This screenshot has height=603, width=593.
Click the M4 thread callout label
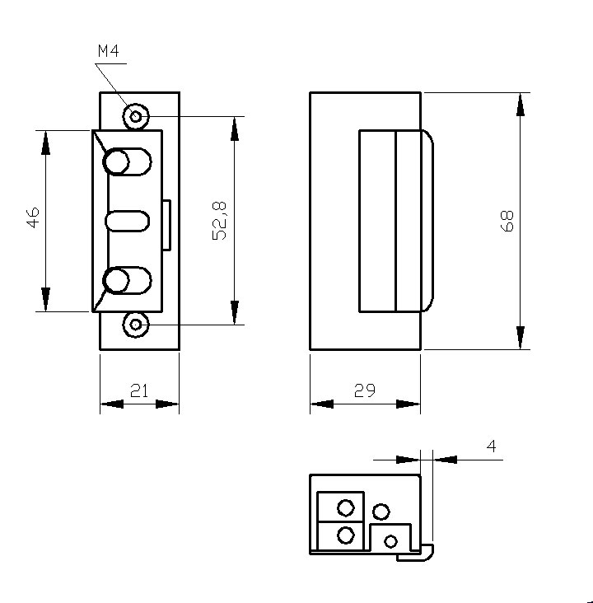tap(108, 51)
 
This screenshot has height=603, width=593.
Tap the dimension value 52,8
tap(220, 220)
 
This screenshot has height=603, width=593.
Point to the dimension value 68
tap(507, 220)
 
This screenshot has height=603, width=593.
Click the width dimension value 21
tap(139, 391)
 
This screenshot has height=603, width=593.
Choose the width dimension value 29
tap(364, 391)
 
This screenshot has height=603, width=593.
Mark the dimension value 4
tap(492, 446)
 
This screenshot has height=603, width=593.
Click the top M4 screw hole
tap(134, 116)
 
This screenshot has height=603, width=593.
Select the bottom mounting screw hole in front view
tap(134, 325)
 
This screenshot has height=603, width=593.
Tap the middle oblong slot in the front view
tap(128, 221)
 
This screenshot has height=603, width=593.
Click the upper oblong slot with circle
tap(128, 161)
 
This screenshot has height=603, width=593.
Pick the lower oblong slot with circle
tap(128, 281)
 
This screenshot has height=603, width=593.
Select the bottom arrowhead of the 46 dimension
tap(45, 300)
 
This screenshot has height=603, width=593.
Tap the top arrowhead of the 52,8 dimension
tap(235, 128)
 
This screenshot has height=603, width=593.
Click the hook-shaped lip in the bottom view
tap(419, 553)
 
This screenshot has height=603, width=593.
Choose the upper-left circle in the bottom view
tap(346, 507)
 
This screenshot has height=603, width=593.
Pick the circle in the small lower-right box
tap(391, 541)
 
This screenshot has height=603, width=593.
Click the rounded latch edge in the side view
tap(428, 220)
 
